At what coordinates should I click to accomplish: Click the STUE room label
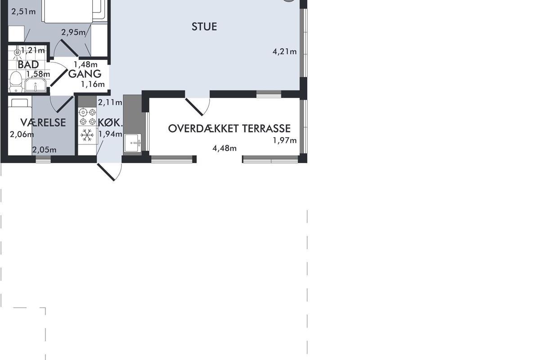click(x=204, y=27)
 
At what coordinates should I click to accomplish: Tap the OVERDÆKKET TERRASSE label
click(x=229, y=129)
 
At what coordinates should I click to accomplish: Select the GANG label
click(x=85, y=74)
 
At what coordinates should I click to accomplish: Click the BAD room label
click(x=28, y=64)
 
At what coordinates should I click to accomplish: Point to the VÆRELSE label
click(x=43, y=122)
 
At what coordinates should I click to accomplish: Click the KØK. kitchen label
click(x=110, y=123)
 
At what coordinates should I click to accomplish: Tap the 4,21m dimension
click(x=284, y=52)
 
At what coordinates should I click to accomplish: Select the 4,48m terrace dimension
click(x=225, y=148)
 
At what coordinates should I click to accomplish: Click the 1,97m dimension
click(x=284, y=140)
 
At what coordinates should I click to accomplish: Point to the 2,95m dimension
click(x=73, y=32)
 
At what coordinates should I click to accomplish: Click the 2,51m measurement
click(x=23, y=12)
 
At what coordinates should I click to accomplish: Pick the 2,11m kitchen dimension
click(x=110, y=103)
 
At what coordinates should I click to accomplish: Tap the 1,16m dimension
click(x=93, y=84)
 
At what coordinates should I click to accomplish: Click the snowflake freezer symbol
click(x=87, y=135)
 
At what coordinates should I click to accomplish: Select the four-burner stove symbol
click(x=87, y=117)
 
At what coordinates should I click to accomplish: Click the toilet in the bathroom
click(x=16, y=81)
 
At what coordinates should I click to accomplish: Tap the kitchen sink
click(x=133, y=143)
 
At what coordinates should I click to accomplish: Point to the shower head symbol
click(x=17, y=53)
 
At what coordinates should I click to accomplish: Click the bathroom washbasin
click(x=36, y=85)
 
